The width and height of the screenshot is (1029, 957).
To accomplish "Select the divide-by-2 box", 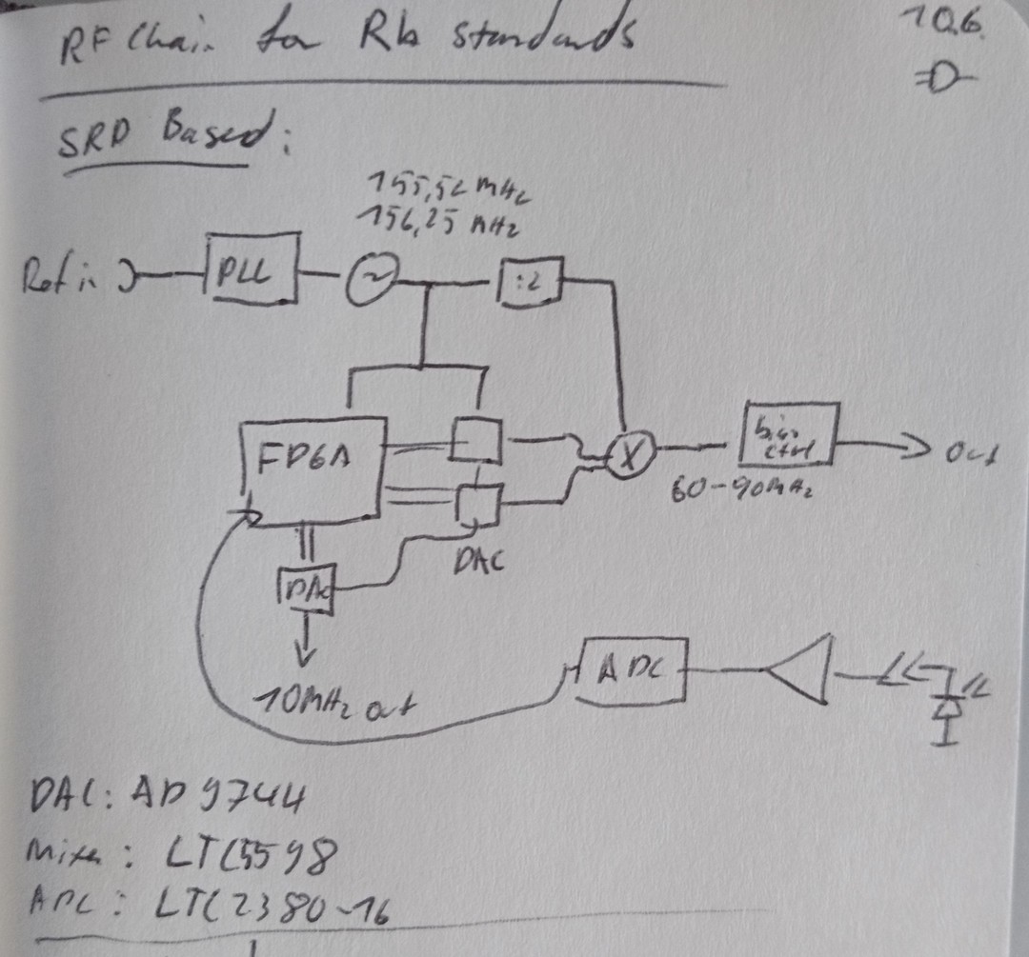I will pos(527,282).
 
